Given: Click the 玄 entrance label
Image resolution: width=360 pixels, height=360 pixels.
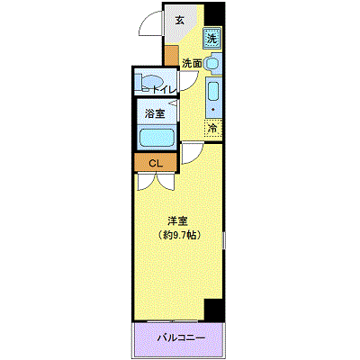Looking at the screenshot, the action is coord(179,21).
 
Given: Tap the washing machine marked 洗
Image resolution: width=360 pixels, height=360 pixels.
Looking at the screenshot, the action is coord(212,38).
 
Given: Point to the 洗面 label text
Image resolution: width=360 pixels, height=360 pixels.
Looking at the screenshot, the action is coord(192,63).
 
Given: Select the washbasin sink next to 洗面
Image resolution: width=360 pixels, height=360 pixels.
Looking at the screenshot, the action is coord(213,64).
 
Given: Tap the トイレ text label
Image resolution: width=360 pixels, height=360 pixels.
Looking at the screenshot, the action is coord(163,89).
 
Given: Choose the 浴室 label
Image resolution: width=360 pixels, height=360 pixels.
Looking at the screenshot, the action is coord(155,113).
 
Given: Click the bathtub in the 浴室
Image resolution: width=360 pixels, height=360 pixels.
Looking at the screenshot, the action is coord(156,137).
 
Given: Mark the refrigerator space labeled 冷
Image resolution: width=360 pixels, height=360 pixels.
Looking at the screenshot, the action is coord(213,129).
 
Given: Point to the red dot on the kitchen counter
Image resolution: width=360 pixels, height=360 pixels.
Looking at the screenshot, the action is coord(212,110).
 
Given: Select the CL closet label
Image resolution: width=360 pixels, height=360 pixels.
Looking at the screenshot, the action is coord(156,163).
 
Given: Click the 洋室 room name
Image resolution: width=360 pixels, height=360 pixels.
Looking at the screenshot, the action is coord(178,221).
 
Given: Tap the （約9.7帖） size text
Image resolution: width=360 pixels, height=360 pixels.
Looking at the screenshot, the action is coord(178,235).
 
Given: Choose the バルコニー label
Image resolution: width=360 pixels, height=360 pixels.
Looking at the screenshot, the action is coord(182,338).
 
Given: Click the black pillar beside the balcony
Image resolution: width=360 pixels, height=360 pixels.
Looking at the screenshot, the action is coord(214,310).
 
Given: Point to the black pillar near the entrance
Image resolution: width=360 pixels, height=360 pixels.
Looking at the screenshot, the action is coord(214,14).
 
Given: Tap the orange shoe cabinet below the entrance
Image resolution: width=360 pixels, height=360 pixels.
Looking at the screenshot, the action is coord(171,56).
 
